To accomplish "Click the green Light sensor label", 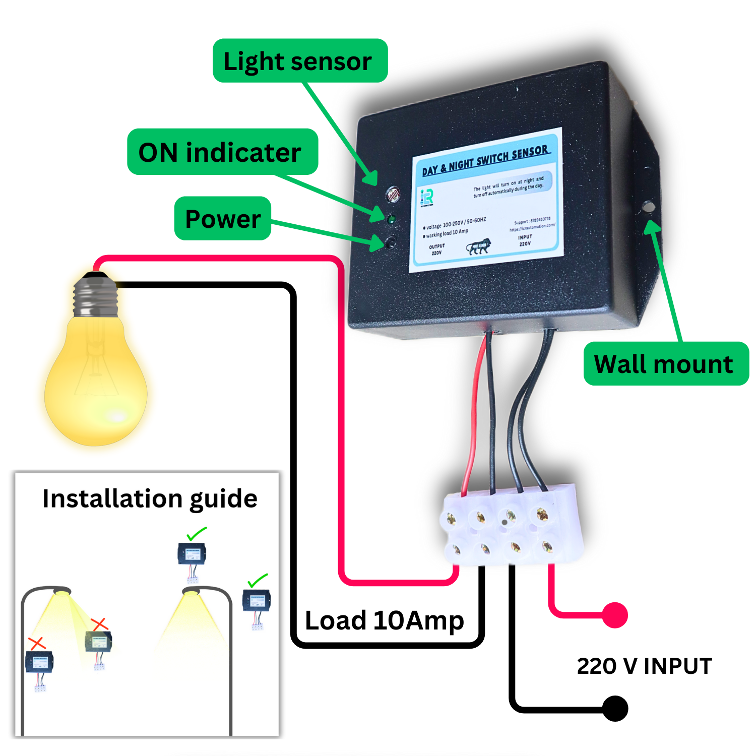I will pyautogui.click(x=300, y=61).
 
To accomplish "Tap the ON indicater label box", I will pyautogui.click(x=222, y=152).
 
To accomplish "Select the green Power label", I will pyautogui.click(x=223, y=219).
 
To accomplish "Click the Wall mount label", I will pyautogui.click(x=665, y=364).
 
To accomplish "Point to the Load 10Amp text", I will pyautogui.click(x=384, y=620).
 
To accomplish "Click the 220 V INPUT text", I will pyautogui.click(x=644, y=666).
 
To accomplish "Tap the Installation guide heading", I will pyautogui.click(x=150, y=499).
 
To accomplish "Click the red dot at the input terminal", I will pyautogui.click(x=615, y=615).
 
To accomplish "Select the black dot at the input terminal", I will pyautogui.click(x=615, y=708).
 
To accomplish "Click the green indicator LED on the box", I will pyautogui.click(x=391, y=220).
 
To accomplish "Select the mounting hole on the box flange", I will pyautogui.click(x=648, y=207).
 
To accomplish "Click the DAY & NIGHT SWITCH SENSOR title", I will pyautogui.click(x=485, y=160).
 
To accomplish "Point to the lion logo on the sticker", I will pyautogui.click(x=478, y=246).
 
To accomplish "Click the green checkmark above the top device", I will pyautogui.click(x=197, y=533).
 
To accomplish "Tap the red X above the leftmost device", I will pyautogui.click(x=37, y=643).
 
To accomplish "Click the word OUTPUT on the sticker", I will pyautogui.click(x=437, y=246).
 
